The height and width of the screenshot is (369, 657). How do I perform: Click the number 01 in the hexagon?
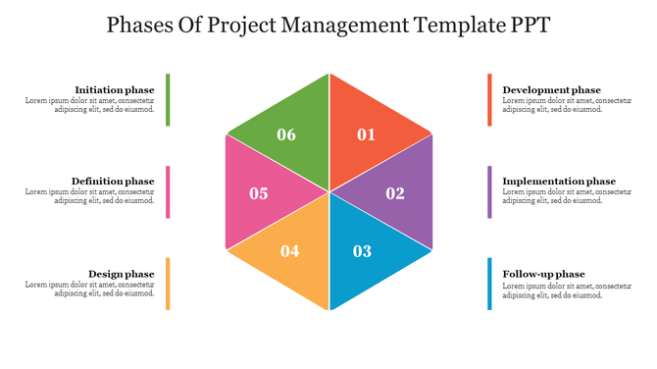(366, 135)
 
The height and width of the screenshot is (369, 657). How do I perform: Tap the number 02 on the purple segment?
(395, 193)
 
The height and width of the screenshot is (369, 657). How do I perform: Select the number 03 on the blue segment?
(362, 251)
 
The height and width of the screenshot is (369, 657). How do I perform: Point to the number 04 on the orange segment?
(290, 251)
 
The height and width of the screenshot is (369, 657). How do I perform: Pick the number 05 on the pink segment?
(259, 193)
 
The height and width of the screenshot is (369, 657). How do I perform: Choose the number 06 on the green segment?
(286, 135)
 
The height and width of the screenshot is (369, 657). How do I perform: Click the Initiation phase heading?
(115, 89)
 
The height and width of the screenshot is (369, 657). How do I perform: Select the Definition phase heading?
(113, 182)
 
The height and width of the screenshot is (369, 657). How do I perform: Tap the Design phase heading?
(122, 274)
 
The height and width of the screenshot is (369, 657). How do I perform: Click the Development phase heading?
(552, 89)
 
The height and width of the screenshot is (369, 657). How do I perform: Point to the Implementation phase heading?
(559, 182)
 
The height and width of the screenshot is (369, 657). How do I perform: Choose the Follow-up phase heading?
(543, 274)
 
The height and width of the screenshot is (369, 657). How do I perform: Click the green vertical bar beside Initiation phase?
(168, 99)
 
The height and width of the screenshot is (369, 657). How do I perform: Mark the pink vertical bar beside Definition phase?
(168, 191)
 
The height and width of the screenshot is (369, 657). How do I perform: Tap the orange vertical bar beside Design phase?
(168, 284)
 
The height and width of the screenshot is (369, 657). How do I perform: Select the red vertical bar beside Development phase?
(489, 99)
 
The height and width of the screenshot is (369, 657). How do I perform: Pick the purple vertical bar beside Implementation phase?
(489, 191)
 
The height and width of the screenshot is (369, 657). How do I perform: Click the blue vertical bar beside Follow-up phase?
(489, 284)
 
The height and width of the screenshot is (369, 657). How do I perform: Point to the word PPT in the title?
(526, 25)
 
